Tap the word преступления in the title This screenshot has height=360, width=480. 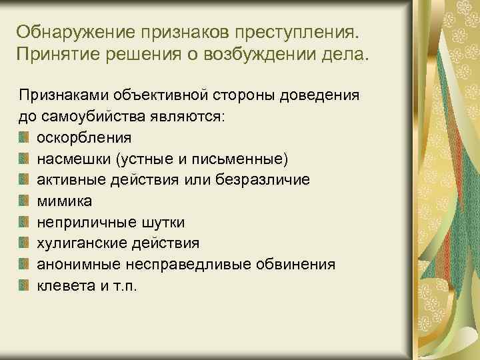[x=305, y=32]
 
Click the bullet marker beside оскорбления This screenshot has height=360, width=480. [x=24, y=138]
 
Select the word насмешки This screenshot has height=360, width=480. [x=73, y=159]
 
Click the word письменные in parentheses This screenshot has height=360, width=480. [x=245, y=159]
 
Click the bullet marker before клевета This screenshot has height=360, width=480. [x=24, y=286]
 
